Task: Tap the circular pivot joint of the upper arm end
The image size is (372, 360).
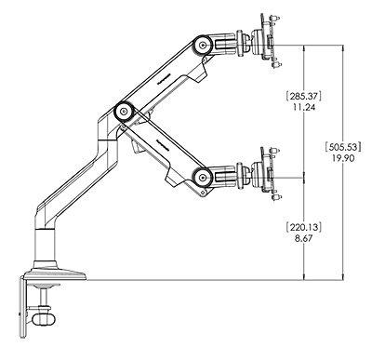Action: point(199,42)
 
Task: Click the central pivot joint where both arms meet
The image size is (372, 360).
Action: point(121,111)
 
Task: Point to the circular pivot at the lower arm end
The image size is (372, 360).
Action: point(199,175)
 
